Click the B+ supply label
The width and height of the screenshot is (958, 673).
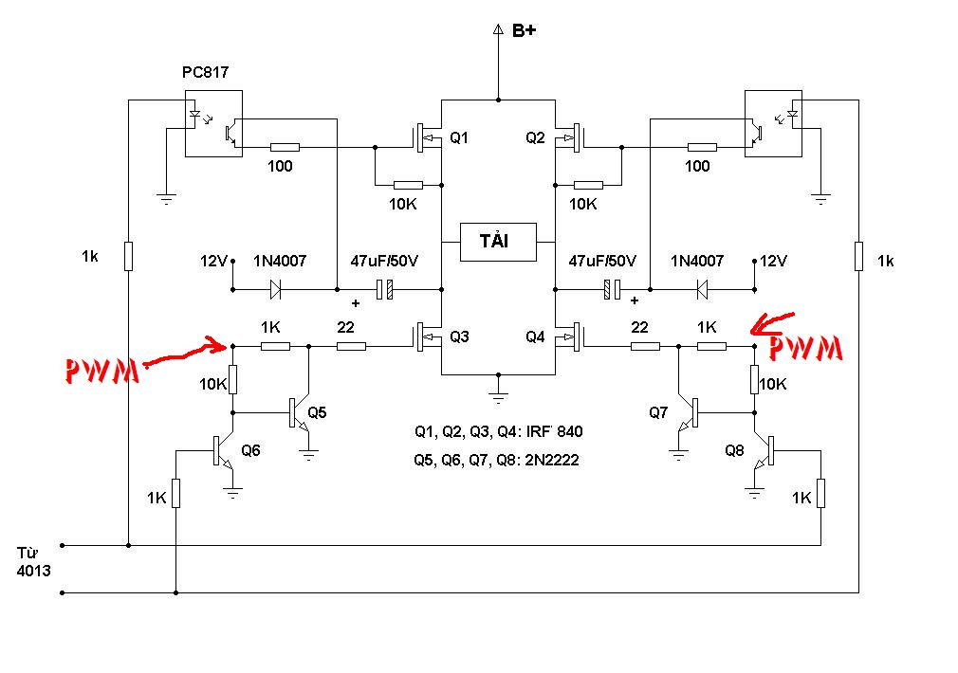524,30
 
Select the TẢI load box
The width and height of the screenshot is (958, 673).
498,242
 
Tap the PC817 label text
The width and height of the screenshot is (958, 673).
205,72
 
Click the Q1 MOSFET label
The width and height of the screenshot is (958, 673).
459,138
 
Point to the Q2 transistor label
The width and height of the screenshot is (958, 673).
535,138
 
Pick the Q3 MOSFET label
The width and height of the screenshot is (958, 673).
459,336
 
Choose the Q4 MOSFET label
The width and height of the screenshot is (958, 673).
535,336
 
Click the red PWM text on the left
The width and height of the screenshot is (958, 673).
101,371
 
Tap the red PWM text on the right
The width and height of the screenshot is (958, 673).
805,348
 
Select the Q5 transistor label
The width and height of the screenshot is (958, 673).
317,413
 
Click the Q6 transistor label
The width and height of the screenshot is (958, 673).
250,450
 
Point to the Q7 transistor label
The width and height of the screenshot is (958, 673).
658,413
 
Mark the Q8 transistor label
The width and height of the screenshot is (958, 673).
734,450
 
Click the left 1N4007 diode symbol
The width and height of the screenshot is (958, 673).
276,289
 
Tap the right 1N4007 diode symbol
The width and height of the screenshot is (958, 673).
702,289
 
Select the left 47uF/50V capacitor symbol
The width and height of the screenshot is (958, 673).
384,289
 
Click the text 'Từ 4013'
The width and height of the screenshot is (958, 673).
33,562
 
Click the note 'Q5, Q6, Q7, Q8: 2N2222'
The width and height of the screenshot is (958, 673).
496,460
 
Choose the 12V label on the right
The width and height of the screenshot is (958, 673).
773,262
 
